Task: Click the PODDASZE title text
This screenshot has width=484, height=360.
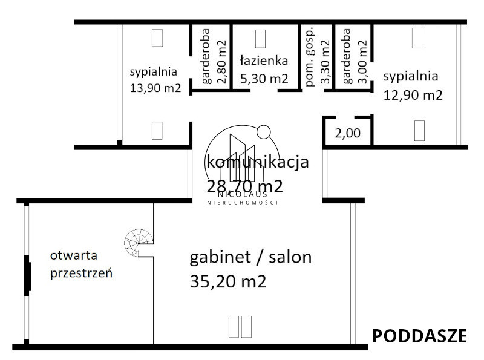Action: coord(419,336)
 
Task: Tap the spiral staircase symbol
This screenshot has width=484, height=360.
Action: coord(139,243)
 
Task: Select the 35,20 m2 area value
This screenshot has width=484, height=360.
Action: coord(228,281)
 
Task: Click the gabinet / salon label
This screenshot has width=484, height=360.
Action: coord(250,258)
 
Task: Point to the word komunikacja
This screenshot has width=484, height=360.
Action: coord(258,162)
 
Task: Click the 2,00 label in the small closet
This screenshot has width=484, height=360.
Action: coord(347,133)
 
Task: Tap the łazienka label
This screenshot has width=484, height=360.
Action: coord(264,61)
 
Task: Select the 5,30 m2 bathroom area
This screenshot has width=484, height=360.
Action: coord(264,79)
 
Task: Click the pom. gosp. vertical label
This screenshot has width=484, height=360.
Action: coord(310,57)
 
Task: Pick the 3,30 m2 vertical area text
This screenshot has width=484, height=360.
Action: coord(325,62)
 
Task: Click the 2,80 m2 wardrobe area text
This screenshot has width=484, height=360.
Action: coord(221,62)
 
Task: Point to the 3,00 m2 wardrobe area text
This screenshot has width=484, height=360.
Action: coord(362,62)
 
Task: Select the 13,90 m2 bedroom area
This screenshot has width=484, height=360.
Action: coord(155,88)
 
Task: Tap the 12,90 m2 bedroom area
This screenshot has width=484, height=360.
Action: coord(413,95)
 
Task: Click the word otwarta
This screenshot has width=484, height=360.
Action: coord(74,255)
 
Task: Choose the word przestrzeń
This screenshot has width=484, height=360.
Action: coord(81,273)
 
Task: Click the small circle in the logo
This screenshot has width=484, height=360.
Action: coord(264,132)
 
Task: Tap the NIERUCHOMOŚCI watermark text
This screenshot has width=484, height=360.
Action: coord(243,203)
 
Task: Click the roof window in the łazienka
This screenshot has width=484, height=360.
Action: coord(260,39)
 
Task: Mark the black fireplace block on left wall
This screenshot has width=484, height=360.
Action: coord(27,275)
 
